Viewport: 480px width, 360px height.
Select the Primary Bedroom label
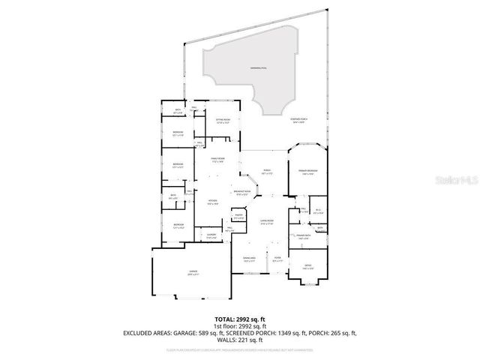click(308, 172)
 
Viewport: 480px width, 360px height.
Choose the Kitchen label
click(213, 201)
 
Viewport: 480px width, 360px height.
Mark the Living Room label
click(267, 220)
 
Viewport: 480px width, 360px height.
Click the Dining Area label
click(249, 259)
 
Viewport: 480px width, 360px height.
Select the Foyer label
click(277, 259)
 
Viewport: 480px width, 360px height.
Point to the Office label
click(307, 266)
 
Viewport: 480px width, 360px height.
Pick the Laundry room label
click(211, 236)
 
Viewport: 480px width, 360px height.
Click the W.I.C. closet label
click(317, 211)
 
